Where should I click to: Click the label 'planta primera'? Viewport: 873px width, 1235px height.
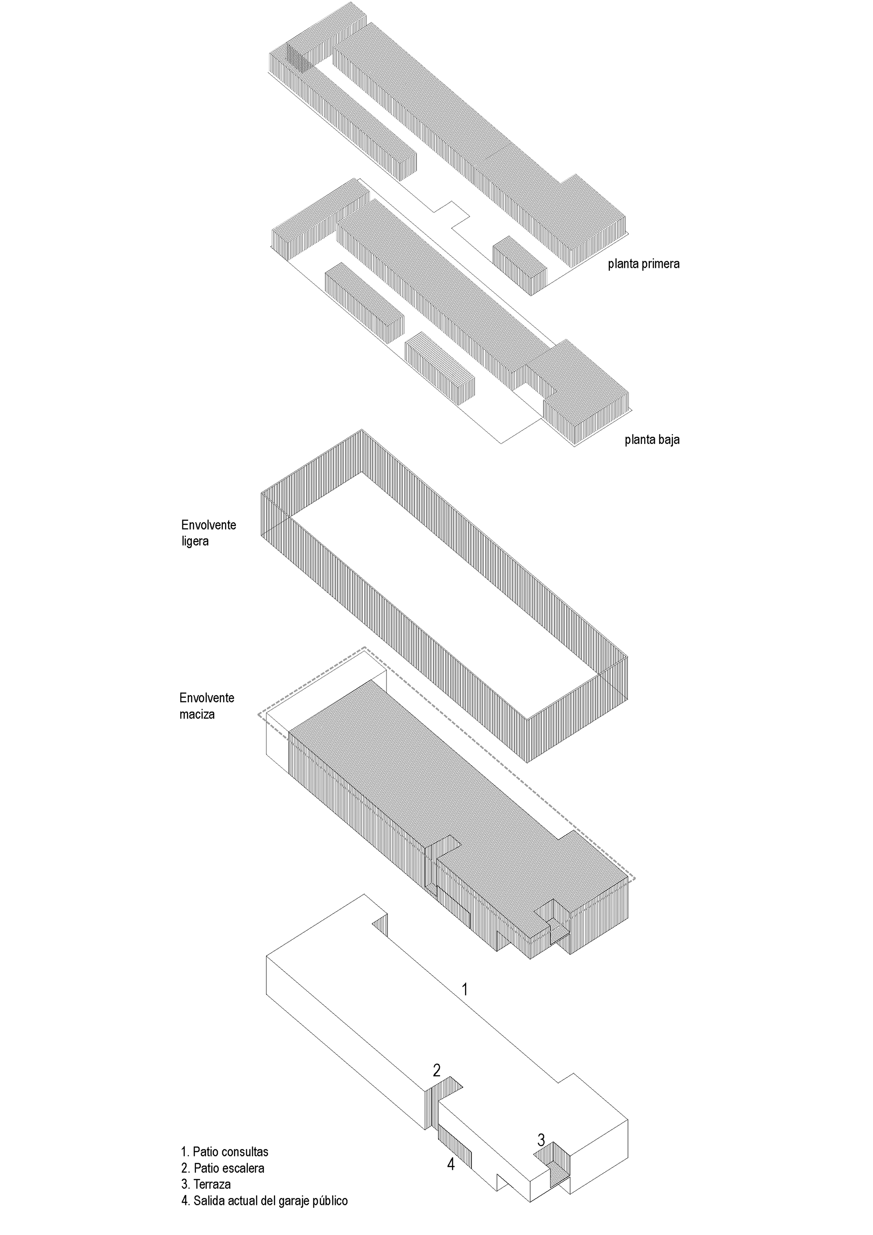pyautogui.click(x=643, y=264)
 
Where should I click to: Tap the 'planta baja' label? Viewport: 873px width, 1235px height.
pyautogui.click(x=652, y=439)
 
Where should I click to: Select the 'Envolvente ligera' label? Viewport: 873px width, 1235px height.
pyautogui.click(x=209, y=533)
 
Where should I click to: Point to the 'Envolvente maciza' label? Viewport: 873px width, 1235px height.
pyautogui.click(x=206, y=706)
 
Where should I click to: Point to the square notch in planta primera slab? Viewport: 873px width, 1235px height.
pyautogui.click(x=452, y=213)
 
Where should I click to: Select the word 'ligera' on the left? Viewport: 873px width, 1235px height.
pyautogui.click(x=195, y=541)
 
